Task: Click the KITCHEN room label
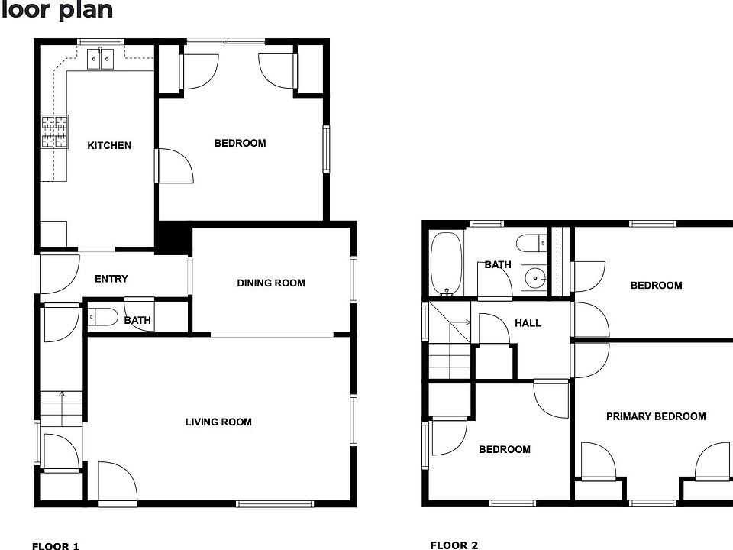pyautogui.click(x=109, y=145)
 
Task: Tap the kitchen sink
pyautogui.click(x=101, y=57)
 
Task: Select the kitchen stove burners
pyautogui.click(x=54, y=131)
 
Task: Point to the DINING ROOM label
pyautogui.click(x=270, y=283)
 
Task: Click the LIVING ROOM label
pyautogui.click(x=218, y=422)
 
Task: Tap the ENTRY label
pyautogui.click(x=111, y=279)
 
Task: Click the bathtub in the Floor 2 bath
pyautogui.click(x=444, y=264)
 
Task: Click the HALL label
pyautogui.click(x=528, y=323)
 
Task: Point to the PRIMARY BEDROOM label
pyautogui.click(x=655, y=416)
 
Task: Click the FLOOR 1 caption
pyautogui.click(x=55, y=545)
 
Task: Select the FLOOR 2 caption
pyautogui.click(x=454, y=545)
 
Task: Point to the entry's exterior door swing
pyautogui.click(x=60, y=273)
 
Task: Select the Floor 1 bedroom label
pyautogui.click(x=240, y=143)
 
